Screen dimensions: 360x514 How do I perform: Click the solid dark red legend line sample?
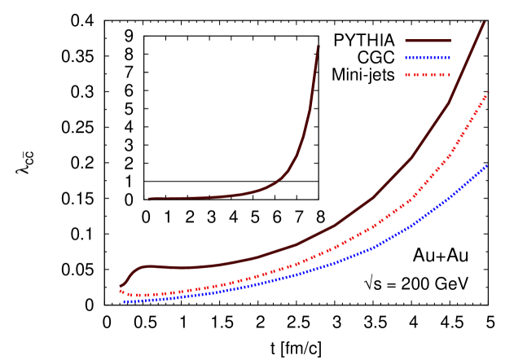(x=428, y=41)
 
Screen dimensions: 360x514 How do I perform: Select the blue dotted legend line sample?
(x=428, y=58)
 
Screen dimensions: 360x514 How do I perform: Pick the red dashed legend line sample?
(x=428, y=75)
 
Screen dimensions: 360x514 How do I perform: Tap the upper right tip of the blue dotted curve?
(x=487, y=165)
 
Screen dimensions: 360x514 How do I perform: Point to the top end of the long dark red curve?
(x=485, y=22)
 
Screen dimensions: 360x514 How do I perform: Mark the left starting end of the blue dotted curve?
(x=125, y=301)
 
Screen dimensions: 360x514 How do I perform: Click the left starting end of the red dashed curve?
(x=121, y=291)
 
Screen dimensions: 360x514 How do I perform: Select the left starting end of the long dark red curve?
(x=121, y=286)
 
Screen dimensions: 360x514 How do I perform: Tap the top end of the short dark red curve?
(x=319, y=46)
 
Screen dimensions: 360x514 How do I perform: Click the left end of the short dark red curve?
(x=149, y=199)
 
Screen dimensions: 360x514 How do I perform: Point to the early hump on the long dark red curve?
(x=143, y=266)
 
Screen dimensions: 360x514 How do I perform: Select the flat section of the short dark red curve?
(x=195, y=198)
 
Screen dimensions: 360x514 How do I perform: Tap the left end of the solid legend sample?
(x=406, y=41)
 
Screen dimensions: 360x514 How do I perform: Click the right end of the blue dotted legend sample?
(x=450, y=58)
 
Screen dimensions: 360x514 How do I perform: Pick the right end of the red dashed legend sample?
(x=450, y=75)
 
